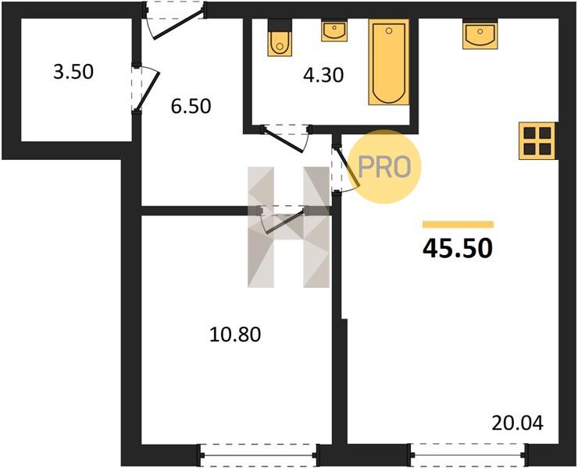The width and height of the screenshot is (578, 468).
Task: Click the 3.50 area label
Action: point(73,72)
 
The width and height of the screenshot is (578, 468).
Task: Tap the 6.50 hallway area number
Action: point(191,106)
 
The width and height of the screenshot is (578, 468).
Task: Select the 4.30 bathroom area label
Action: point(323,75)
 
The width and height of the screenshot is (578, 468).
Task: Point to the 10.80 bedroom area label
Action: point(235,335)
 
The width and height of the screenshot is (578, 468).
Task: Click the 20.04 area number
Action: point(518,423)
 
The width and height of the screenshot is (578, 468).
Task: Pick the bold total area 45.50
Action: point(458,248)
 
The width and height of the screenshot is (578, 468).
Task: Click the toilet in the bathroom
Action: point(280,38)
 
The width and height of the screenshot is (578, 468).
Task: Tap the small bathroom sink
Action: point(334,31)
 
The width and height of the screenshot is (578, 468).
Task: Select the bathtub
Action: point(389,62)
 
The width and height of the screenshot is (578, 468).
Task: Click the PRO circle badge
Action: point(384,166)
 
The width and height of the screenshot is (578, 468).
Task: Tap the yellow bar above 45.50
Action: point(458,224)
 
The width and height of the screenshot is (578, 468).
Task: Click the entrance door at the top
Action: point(174,20)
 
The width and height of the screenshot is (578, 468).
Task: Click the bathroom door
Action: point(287,139)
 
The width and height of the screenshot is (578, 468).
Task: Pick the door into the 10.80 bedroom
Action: point(282,220)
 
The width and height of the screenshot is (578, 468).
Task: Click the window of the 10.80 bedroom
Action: point(259,455)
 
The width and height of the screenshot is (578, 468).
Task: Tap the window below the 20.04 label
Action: point(468,455)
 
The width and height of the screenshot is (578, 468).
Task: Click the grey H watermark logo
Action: point(289,227)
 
